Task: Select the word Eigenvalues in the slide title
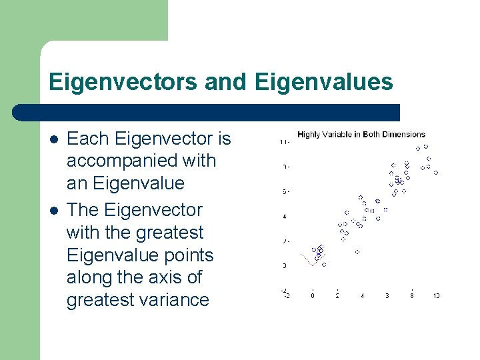point(324,82)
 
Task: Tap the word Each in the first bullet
point(89,139)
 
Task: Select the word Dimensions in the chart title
point(402,135)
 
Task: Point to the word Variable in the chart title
point(338,135)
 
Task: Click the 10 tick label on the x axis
point(436,295)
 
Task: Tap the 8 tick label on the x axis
point(411,295)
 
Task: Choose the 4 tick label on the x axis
point(362,295)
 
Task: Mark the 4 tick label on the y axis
point(285,216)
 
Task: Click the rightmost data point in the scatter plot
point(435,173)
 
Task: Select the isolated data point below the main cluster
point(357,252)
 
